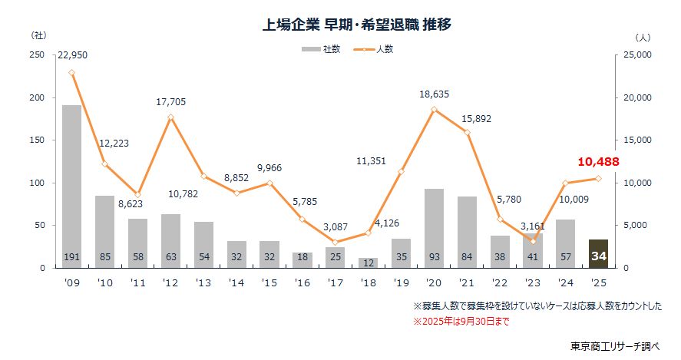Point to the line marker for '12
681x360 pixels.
coord(170,117)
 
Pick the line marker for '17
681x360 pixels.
coord(335,242)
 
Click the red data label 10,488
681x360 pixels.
coord(598,162)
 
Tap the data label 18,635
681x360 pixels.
coord(434,94)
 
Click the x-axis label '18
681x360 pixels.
coord(368,282)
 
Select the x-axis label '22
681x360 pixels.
coord(500,282)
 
